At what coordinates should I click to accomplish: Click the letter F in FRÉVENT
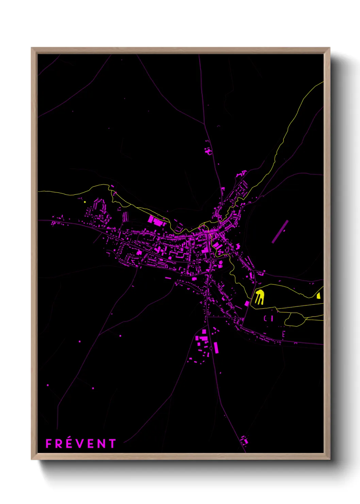(49, 444)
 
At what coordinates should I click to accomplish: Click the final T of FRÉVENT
(112, 444)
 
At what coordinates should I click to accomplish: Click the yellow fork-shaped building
(260, 297)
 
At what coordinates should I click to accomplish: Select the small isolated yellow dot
(85, 202)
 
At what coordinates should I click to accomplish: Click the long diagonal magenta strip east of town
(280, 232)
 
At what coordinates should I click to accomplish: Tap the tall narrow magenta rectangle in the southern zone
(216, 348)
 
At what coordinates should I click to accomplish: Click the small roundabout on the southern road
(211, 348)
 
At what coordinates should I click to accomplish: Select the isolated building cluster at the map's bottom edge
(244, 440)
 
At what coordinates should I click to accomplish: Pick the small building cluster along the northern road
(208, 150)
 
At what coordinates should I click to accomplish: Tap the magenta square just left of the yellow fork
(247, 303)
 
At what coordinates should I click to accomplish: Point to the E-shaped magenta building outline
(283, 334)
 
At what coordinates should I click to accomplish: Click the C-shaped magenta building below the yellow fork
(265, 318)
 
